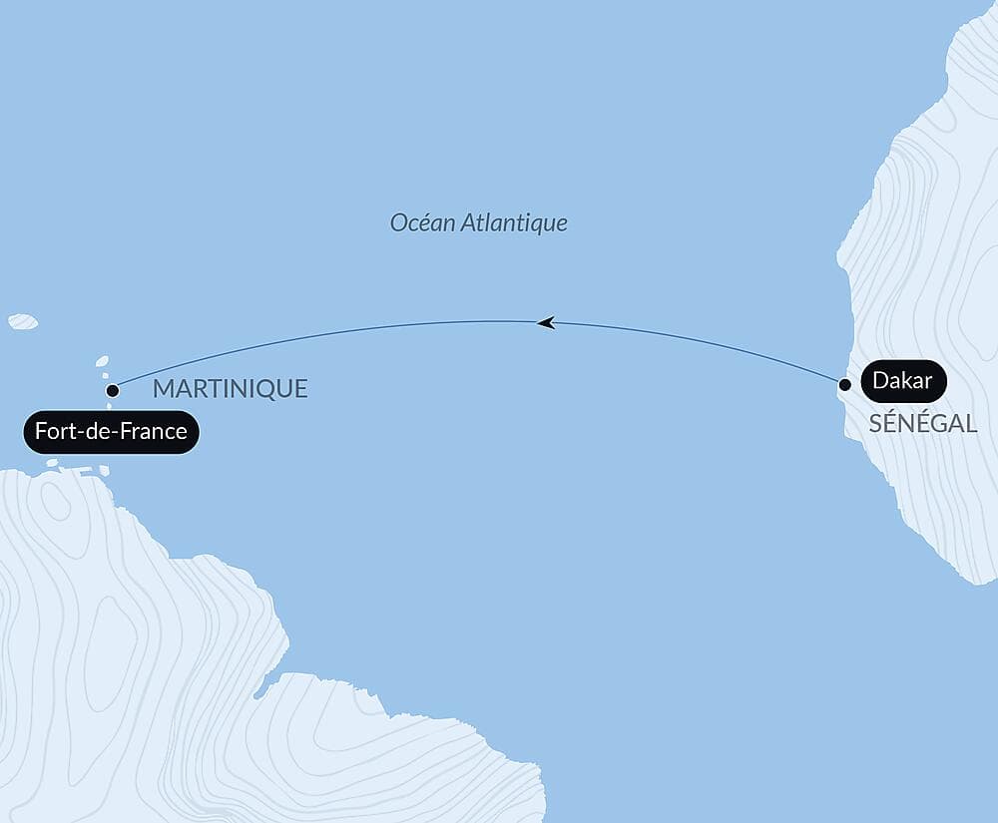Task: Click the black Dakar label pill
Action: coord(902,381)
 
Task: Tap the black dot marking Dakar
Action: coord(844,384)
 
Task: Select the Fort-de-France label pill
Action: coord(111,432)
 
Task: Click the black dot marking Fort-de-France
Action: coord(113,390)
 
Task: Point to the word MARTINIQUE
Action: coord(230,389)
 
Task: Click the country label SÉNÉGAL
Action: coord(922,423)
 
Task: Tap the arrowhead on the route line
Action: coord(545,322)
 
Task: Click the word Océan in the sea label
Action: coord(421,222)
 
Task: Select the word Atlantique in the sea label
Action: coord(513,222)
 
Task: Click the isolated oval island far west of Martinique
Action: coord(23,321)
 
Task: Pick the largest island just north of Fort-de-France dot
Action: coord(102,362)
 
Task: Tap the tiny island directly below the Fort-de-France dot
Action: coord(110,406)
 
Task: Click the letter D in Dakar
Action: coord(880,381)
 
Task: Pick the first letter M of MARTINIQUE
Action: coord(163,389)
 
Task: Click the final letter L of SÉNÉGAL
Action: coord(970,423)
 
